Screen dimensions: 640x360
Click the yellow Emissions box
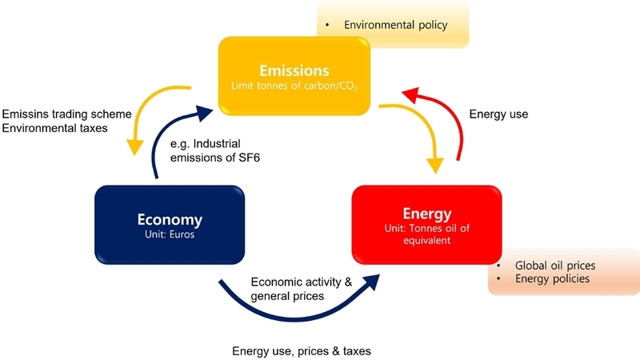[x=294, y=76]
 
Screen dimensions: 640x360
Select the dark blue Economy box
[x=170, y=225]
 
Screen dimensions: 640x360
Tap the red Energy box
[x=427, y=225]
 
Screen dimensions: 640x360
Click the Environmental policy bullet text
[x=395, y=25]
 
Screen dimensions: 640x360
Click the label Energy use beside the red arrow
[x=498, y=114]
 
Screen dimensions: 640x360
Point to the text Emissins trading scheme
[x=67, y=114]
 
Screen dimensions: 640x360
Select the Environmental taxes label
[x=54, y=128]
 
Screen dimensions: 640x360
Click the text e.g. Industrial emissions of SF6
[x=215, y=150]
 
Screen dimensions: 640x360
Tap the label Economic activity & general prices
[x=302, y=289]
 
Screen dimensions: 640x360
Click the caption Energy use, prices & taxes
[x=302, y=351]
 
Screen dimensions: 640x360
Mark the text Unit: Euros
[x=170, y=234]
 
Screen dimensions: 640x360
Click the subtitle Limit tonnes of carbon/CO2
[x=294, y=86]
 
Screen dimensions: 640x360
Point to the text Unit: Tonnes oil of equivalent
[x=427, y=234]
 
